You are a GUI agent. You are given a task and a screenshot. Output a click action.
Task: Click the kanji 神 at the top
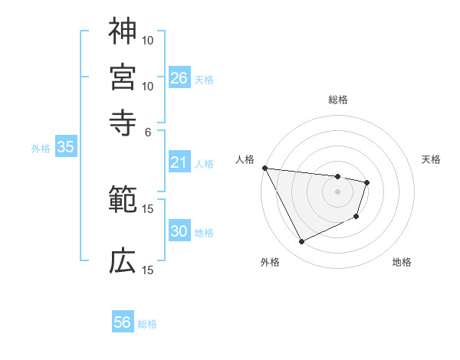coord(123,31)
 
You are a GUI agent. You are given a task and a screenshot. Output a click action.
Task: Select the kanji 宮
coord(123,77)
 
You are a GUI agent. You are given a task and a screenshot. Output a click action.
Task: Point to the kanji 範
coord(123,201)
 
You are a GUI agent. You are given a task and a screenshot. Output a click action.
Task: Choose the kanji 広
coord(123,261)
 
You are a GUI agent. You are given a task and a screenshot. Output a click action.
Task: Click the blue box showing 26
coord(179,77)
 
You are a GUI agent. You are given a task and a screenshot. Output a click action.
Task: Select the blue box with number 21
coord(179,162)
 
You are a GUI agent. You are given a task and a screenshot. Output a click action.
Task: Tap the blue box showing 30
coord(179,231)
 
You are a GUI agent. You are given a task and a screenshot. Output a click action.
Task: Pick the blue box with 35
coord(65,148)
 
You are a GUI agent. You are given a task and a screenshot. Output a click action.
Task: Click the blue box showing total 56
coord(123,322)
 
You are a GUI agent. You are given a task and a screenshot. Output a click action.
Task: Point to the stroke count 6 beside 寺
coord(148,131)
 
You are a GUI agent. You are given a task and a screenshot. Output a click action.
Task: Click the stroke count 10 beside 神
coord(148,40)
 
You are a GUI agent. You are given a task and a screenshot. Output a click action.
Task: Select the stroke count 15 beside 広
coord(148,270)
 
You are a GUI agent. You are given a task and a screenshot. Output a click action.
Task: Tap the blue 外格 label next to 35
coord(40,149)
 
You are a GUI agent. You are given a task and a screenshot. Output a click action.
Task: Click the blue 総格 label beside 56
coord(147,323)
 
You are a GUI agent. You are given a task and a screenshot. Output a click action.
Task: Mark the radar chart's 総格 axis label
coord(338,100)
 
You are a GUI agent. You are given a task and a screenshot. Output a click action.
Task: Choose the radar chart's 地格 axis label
coord(402,262)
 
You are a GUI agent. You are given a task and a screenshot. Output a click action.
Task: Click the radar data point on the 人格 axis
coord(264,168)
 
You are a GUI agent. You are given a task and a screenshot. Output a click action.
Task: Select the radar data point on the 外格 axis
coord(301,242)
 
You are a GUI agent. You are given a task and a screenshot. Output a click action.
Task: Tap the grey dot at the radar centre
coord(337,191)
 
